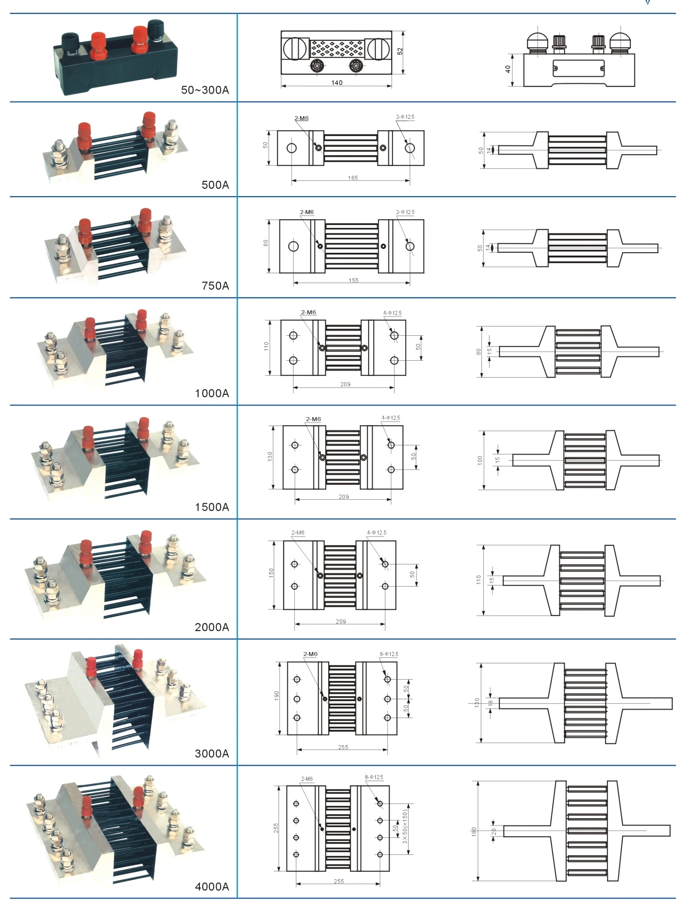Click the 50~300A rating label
[205, 90]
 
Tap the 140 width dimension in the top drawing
[337, 83]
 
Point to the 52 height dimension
[400, 51]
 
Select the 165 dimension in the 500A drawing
[353, 178]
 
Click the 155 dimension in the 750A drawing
[353, 280]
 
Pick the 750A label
[215, 286]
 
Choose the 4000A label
[212, 886]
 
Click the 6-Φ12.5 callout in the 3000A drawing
[389, 654]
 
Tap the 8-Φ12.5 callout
[374, 777]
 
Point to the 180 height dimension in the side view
[473, 831]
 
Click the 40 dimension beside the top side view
[508, 69]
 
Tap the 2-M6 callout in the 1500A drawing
[313, 419]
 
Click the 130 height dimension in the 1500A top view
[270, 456]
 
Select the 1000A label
[212, 393]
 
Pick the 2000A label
[212, 627]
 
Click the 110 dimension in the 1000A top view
[266, 346]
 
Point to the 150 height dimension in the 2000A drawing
[271, 573]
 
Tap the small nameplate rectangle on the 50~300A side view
[578, 68]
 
